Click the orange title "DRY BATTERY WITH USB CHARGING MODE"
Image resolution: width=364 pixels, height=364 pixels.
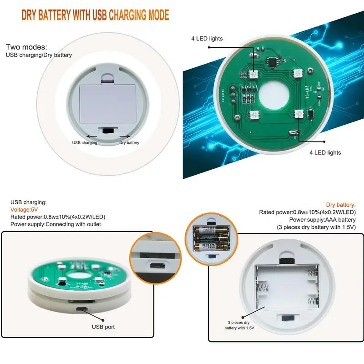coord(96,15)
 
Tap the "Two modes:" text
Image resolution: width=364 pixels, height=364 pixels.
coord(26,47)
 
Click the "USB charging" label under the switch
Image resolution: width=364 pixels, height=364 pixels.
coord(85,143)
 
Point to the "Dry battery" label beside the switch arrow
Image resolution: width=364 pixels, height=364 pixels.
coord(129,143)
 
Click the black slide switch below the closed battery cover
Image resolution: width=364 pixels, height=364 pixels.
coord(109,131)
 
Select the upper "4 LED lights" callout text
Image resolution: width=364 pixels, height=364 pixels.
coord(207,39)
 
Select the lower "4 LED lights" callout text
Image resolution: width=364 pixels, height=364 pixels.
coord(324,152)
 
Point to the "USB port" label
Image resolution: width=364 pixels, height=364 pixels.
coord(103,327)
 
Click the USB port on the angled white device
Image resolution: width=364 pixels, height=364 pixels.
coord(82,310)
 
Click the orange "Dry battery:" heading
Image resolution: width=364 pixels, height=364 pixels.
coord(341,205)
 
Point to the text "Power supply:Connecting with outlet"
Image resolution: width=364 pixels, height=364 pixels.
coord(56,224)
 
